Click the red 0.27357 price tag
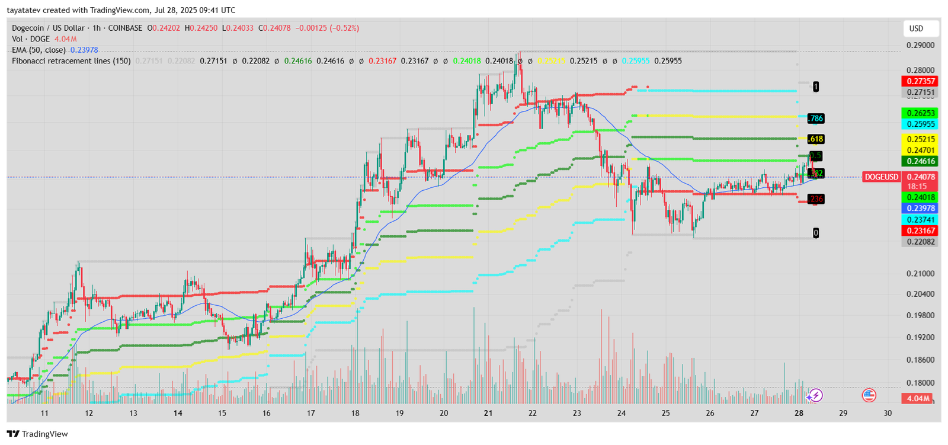tap(919, 82)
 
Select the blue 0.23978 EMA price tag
tap(919, 209)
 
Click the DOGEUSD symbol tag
tap(881, 177)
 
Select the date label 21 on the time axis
tap(488, 414)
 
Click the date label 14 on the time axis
tap(178, 414)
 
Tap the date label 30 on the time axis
tap(887, 414)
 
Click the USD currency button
tap(917, 28)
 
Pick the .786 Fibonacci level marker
tap(816, 119)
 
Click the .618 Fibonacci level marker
tap(816, 139)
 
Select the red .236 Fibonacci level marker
tap(816, 199)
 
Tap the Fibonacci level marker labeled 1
tap(816, 87)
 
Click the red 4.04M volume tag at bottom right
tap(917, 398)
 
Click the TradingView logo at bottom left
tap(38, 434)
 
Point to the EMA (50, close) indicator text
tap(39, 50)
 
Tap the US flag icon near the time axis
tap(869, 395)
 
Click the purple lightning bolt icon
tap(816, 395)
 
